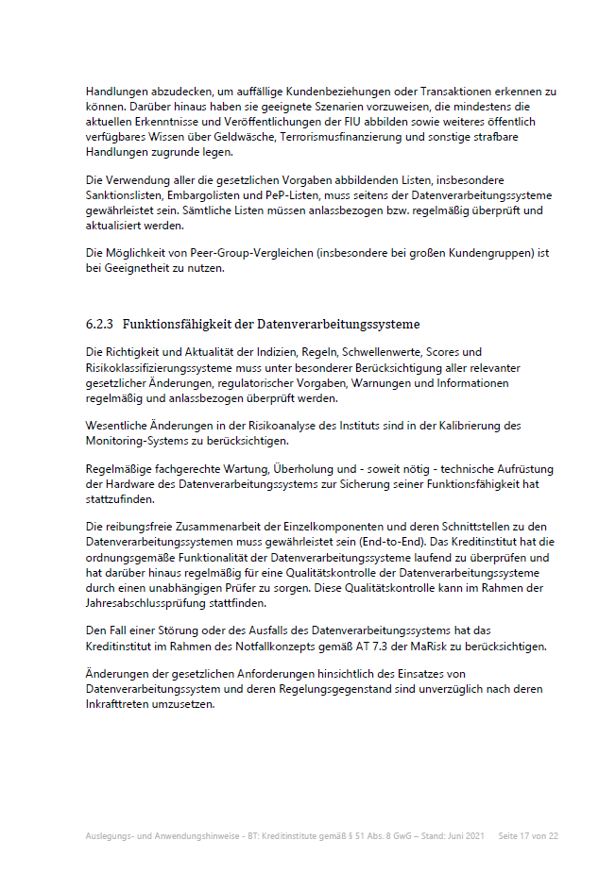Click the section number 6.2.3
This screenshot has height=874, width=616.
(x=99, y=325)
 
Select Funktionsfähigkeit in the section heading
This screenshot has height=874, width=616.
(x=180, y=325)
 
